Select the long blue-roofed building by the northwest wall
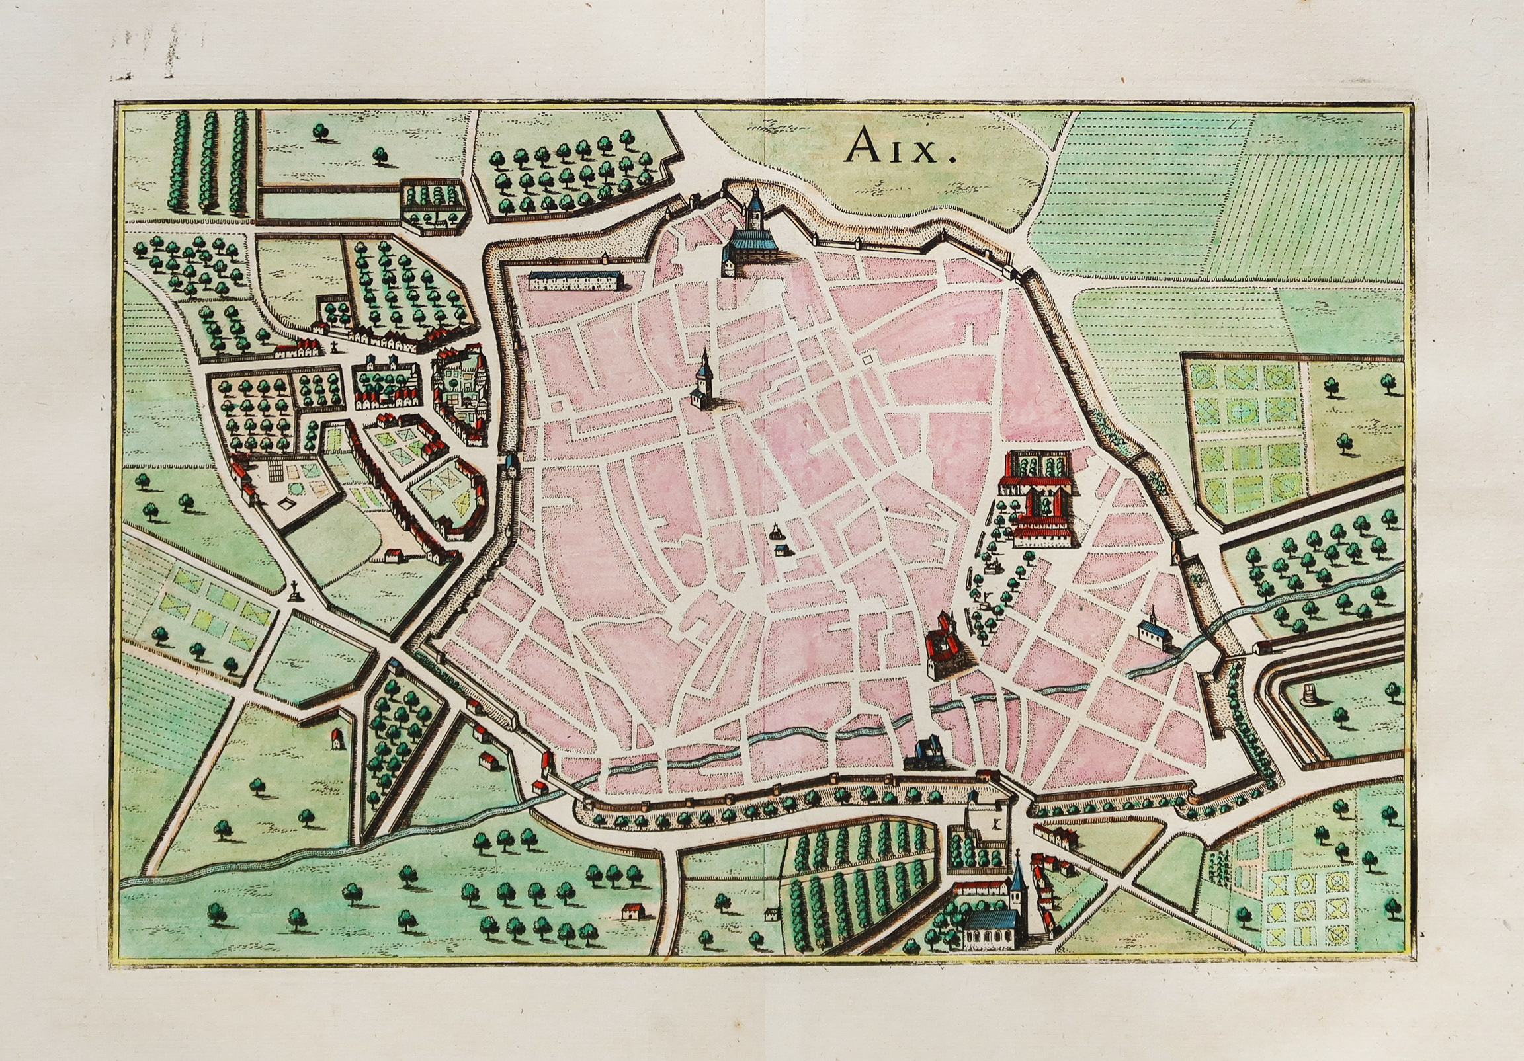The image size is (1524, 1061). pos(575,280)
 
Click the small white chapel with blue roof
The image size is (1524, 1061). pos(1153,631)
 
